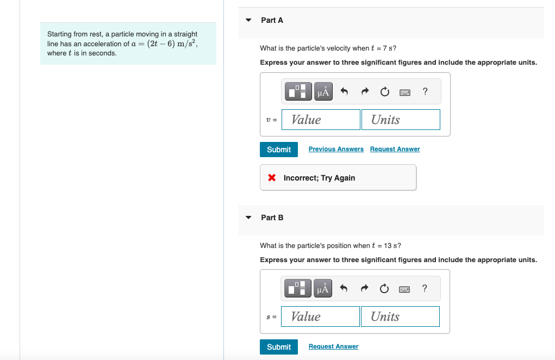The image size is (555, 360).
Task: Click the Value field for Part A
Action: (321, 120)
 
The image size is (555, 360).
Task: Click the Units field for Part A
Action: (401, 120)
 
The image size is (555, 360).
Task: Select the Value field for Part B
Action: (320, 316)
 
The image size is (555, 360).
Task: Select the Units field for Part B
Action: (400, 316)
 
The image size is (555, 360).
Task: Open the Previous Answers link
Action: (336, 149)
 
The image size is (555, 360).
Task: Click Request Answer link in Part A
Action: (395, 149)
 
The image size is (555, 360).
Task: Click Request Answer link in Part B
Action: (333, 346)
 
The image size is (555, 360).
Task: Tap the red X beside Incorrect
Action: (272, 178)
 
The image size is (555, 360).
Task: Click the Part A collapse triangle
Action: (248, 20)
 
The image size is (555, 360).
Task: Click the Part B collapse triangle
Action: (248, 218)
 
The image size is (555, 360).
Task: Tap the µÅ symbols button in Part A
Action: (323, 92)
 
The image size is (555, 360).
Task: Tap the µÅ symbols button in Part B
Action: (322, 289)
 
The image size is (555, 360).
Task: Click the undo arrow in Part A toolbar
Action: (344, 92)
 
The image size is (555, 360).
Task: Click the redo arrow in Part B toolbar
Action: (364, 289)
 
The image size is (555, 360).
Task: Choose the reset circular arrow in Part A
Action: (384, 92)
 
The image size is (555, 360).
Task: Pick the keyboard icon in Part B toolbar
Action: (404, 289)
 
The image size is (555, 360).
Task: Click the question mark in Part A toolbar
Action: (425, 91)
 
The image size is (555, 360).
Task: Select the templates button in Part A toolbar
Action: (298, 92)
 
